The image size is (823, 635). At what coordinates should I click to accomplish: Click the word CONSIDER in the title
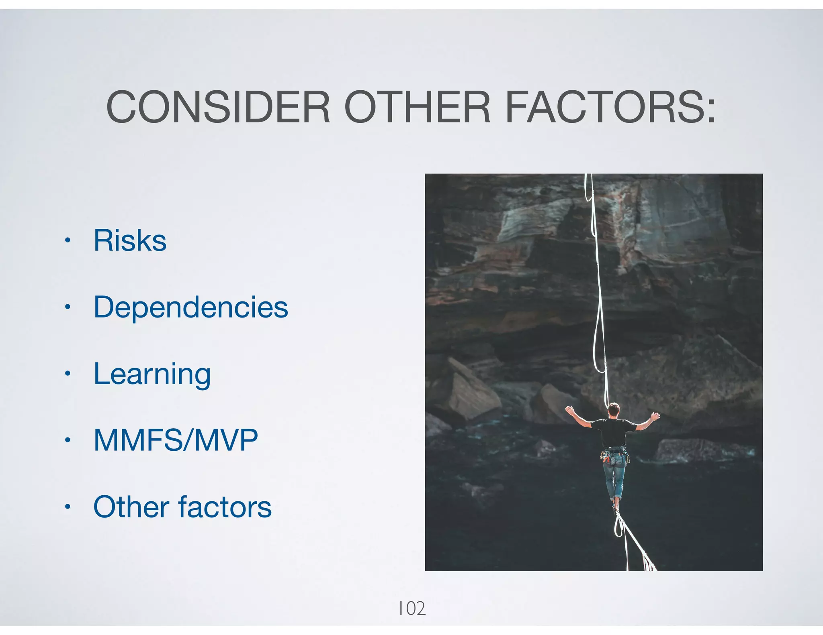coord(218,107)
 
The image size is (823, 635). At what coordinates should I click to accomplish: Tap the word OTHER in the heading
coord(417,107)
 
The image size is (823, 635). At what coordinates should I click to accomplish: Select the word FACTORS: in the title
coord(610,107)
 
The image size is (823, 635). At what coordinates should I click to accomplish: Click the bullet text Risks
coord(130,240)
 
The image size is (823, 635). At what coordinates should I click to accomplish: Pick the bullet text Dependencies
coord(190,307)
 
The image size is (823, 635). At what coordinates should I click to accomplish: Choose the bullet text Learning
coord(152,374)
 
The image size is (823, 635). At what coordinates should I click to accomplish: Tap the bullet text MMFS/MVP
coord(176,440)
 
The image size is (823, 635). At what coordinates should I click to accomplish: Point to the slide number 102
coord(411,609)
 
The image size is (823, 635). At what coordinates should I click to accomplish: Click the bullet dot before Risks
coord(68,241)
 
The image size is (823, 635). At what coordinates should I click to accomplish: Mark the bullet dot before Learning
coord(68,374)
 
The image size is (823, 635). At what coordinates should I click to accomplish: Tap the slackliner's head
coord(614,409)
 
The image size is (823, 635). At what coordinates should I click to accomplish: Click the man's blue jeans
coord(614,478)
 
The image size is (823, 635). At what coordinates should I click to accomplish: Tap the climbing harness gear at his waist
coord(614,454)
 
